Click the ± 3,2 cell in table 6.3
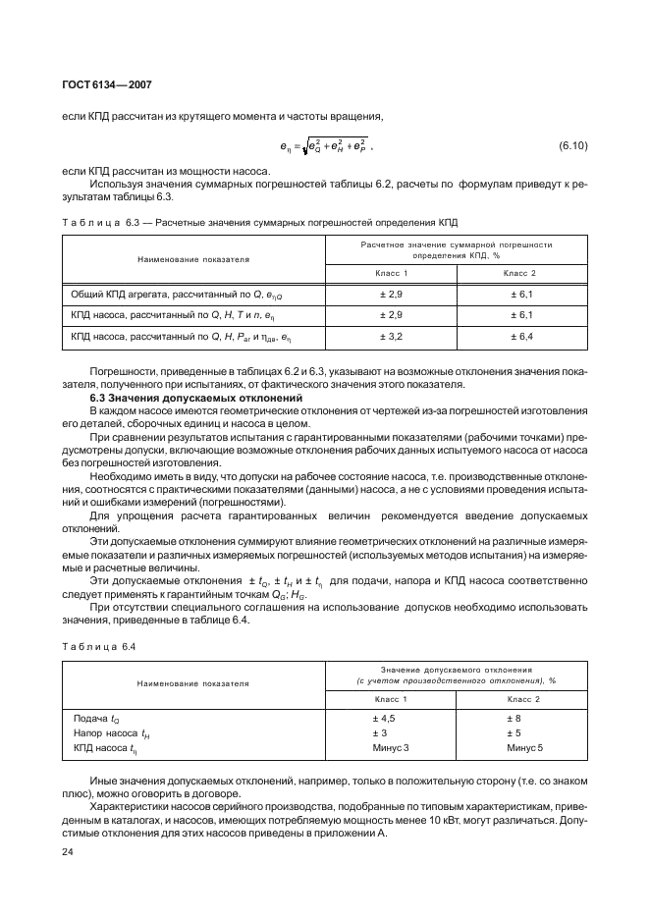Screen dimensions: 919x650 click(392, 336)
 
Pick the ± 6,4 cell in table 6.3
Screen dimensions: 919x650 click(520, 336)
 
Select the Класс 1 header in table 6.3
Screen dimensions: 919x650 click(391, 272)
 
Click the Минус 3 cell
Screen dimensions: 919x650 click(391, 748)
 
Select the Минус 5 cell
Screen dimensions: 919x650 click(519, 748)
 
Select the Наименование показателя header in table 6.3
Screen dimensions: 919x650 click(193, 259)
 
